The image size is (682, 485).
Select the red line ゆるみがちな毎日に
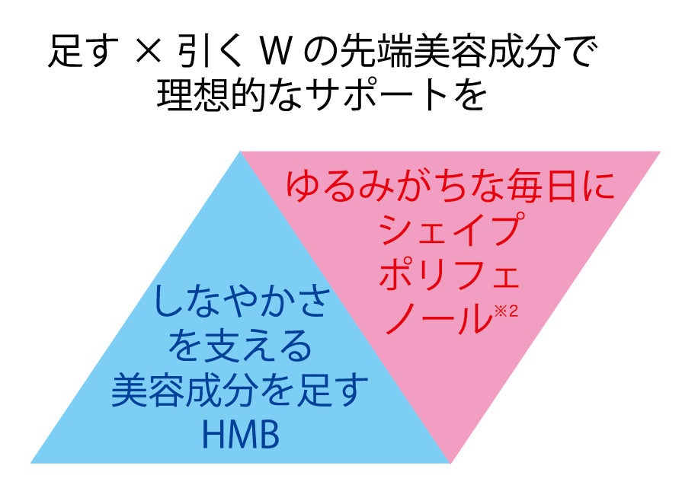coord(450,186)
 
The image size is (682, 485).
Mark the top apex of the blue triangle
coord(240,153)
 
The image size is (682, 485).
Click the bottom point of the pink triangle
coord(451,461)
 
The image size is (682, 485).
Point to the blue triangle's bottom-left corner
coord(33,462)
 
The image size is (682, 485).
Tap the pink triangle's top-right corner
coord(658,153)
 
